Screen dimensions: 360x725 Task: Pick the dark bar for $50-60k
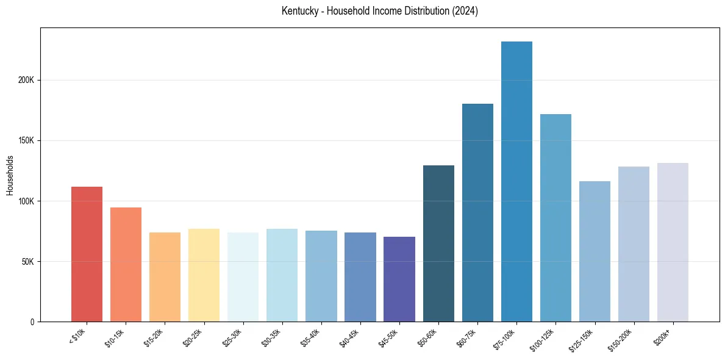[438, 243]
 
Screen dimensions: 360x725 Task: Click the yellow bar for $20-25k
[204, 275]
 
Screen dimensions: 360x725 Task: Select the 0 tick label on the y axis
[33, 322]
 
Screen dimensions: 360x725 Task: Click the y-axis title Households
[10, 175]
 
